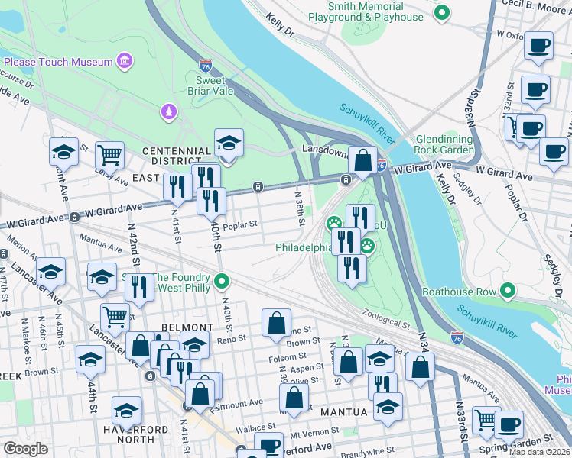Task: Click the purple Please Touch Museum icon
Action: pyautogui.click(x=125, y=61)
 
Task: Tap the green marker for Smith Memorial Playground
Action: pyautogui.click(x=441, y=12)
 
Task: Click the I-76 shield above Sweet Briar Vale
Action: pyautogui.click(x=205, y=66)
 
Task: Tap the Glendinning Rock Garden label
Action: pyautogui.click(x=456, y=145)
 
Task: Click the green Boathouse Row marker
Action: pyautogui.click(x=507, y=290)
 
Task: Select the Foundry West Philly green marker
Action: pyautogui.click(x=222, y=282)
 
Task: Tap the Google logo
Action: pyautogui.click(x=26, y=448)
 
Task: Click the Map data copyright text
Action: pyautogui.click(x=540, y=452)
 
